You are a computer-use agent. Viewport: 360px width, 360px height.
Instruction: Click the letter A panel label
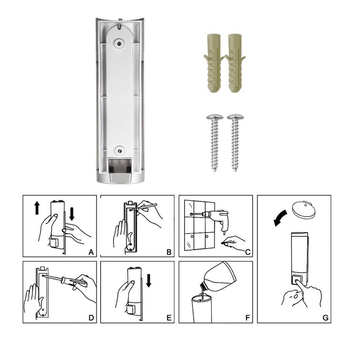tap(91, 252)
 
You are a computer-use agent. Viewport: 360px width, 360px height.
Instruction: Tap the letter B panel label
tap(169, 252)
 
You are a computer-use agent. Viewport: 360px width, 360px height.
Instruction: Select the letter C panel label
tap(248, 252)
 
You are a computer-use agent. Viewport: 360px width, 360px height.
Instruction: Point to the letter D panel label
tap(91, 318)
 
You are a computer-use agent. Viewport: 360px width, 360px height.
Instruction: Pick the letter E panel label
tap(169, 318)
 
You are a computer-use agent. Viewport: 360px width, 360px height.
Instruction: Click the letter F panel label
tap(248, 318)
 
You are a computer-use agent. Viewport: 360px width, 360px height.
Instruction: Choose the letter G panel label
tap(325, 318)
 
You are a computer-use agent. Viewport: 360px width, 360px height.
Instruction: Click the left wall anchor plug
tap(214, 63)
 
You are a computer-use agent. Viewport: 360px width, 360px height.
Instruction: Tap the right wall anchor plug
tap(235, 63)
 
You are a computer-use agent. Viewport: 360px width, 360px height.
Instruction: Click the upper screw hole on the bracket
tap(119, 43)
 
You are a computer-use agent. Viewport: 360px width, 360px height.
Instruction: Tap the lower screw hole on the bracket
tap(120, 151)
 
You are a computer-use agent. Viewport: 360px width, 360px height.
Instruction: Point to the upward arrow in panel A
tap(37, 208)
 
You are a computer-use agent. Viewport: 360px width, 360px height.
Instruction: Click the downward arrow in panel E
tap(148, 280)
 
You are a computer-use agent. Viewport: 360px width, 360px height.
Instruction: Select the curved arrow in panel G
tap(280, 218)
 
